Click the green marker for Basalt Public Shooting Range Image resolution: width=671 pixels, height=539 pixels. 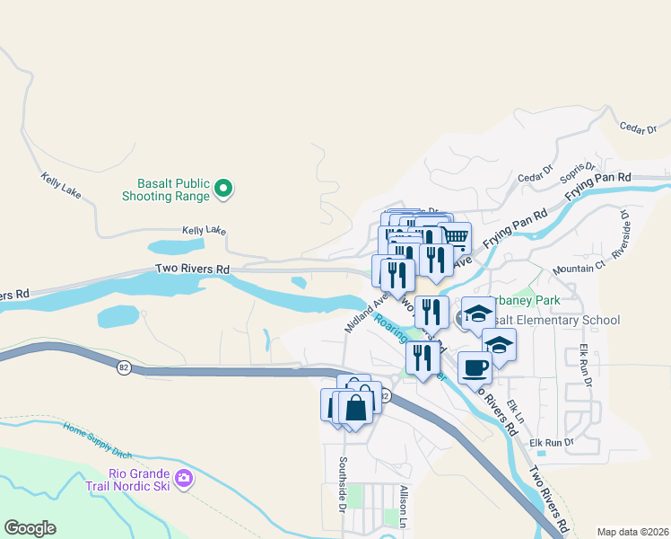tap(223, 189)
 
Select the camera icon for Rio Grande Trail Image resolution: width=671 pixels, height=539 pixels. tap(185, 477)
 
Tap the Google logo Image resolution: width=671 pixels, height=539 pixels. tap(30, 528)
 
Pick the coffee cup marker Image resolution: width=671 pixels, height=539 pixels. tap(475, 367)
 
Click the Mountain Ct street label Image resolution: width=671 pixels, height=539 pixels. tap(579, 269)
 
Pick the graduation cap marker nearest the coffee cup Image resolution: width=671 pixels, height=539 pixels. tap(499, 345)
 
